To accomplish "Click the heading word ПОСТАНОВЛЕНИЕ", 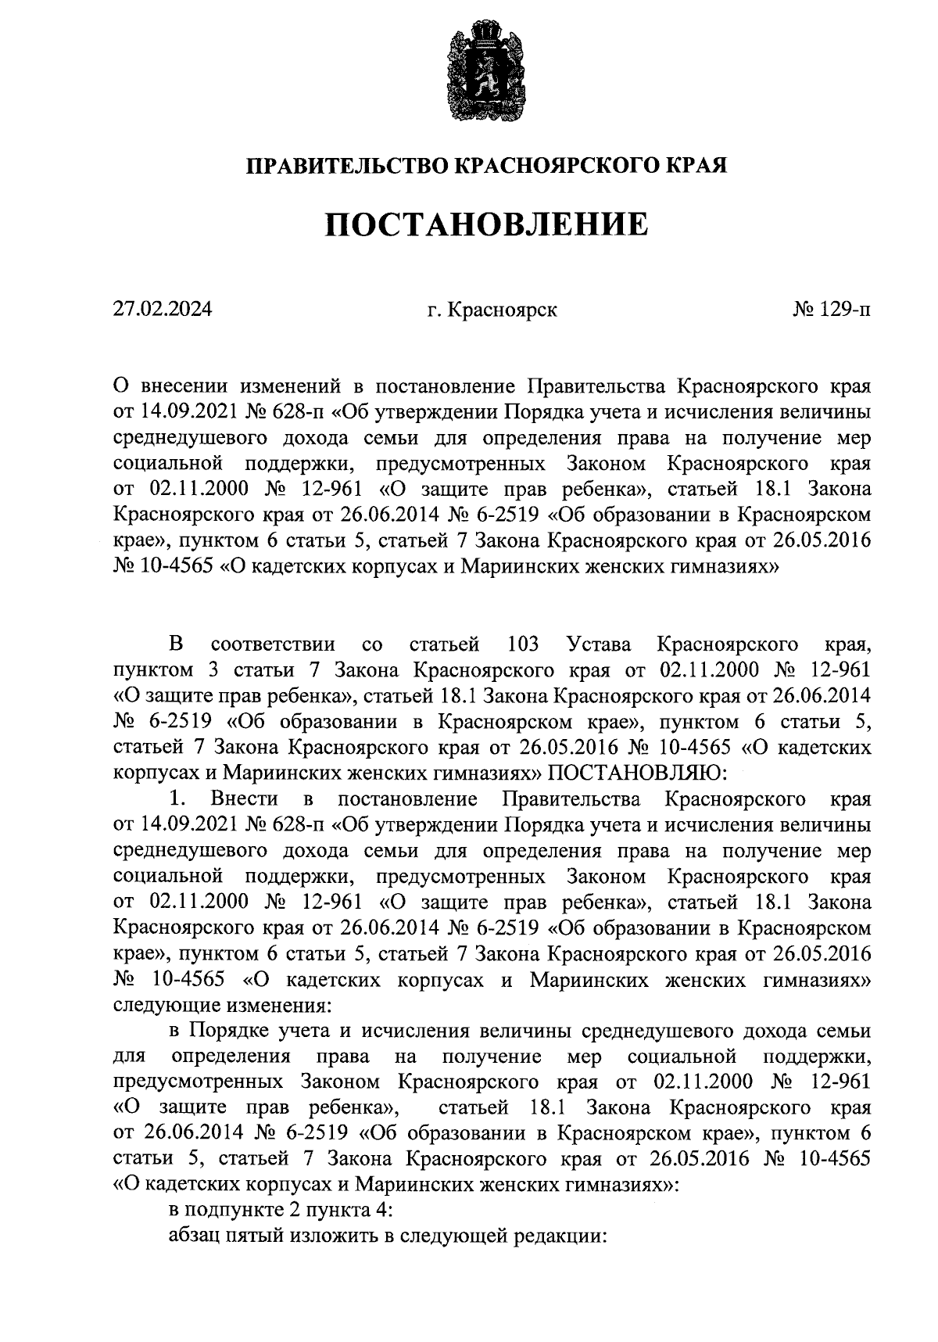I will pos(485,225).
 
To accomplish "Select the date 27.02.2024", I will pos(162,310).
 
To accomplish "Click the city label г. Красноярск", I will pos(492,310).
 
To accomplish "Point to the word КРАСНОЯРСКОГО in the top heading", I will pos(553,166).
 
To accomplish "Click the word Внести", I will pos(244,799).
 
